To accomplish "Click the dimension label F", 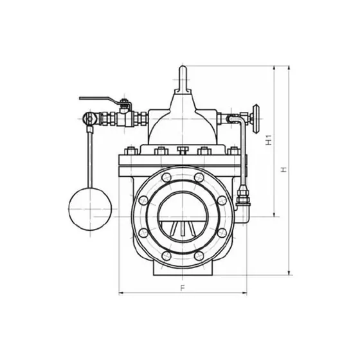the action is point(183,288).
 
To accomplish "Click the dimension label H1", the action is point(269,140).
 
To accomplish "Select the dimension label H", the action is point(284,170).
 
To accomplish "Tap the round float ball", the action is point(90,209).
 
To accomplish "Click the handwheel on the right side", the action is point(256,119).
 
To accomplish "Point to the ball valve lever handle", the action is point(101,100).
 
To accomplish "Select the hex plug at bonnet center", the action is point(183,150).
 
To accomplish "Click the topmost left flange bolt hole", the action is point(166,177).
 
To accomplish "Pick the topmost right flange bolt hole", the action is point(199,177).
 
